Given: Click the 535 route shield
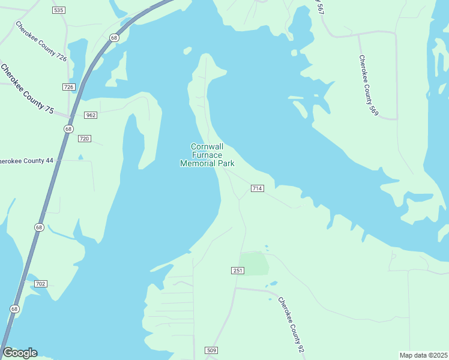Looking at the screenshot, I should tap(58, 11).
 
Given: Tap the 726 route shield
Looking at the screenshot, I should tap(68, 87).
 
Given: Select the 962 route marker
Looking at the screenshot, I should tap(91, 115).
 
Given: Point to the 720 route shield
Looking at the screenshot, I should tap(84, 139).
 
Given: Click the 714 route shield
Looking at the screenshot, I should tap(257, 188).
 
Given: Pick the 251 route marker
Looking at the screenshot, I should tap(238, 271).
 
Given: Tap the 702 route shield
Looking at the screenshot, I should tap(41, 283).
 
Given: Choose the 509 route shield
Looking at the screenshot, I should tap(211, 350).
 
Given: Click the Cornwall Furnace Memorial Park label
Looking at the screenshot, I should tap(207, 155).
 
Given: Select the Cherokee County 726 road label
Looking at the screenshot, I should tap(41, 42).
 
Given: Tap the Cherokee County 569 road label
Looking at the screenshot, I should tap(369, 85).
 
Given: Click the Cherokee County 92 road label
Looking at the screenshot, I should tap(291, 322).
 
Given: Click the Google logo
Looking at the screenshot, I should tap(20, 353).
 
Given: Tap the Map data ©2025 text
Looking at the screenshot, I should tap(423, 355).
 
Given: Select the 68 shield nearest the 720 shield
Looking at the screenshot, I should tap(69, 129).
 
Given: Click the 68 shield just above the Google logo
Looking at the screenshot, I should tap(14, 308).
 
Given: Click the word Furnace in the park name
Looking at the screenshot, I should tap(207, 155).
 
